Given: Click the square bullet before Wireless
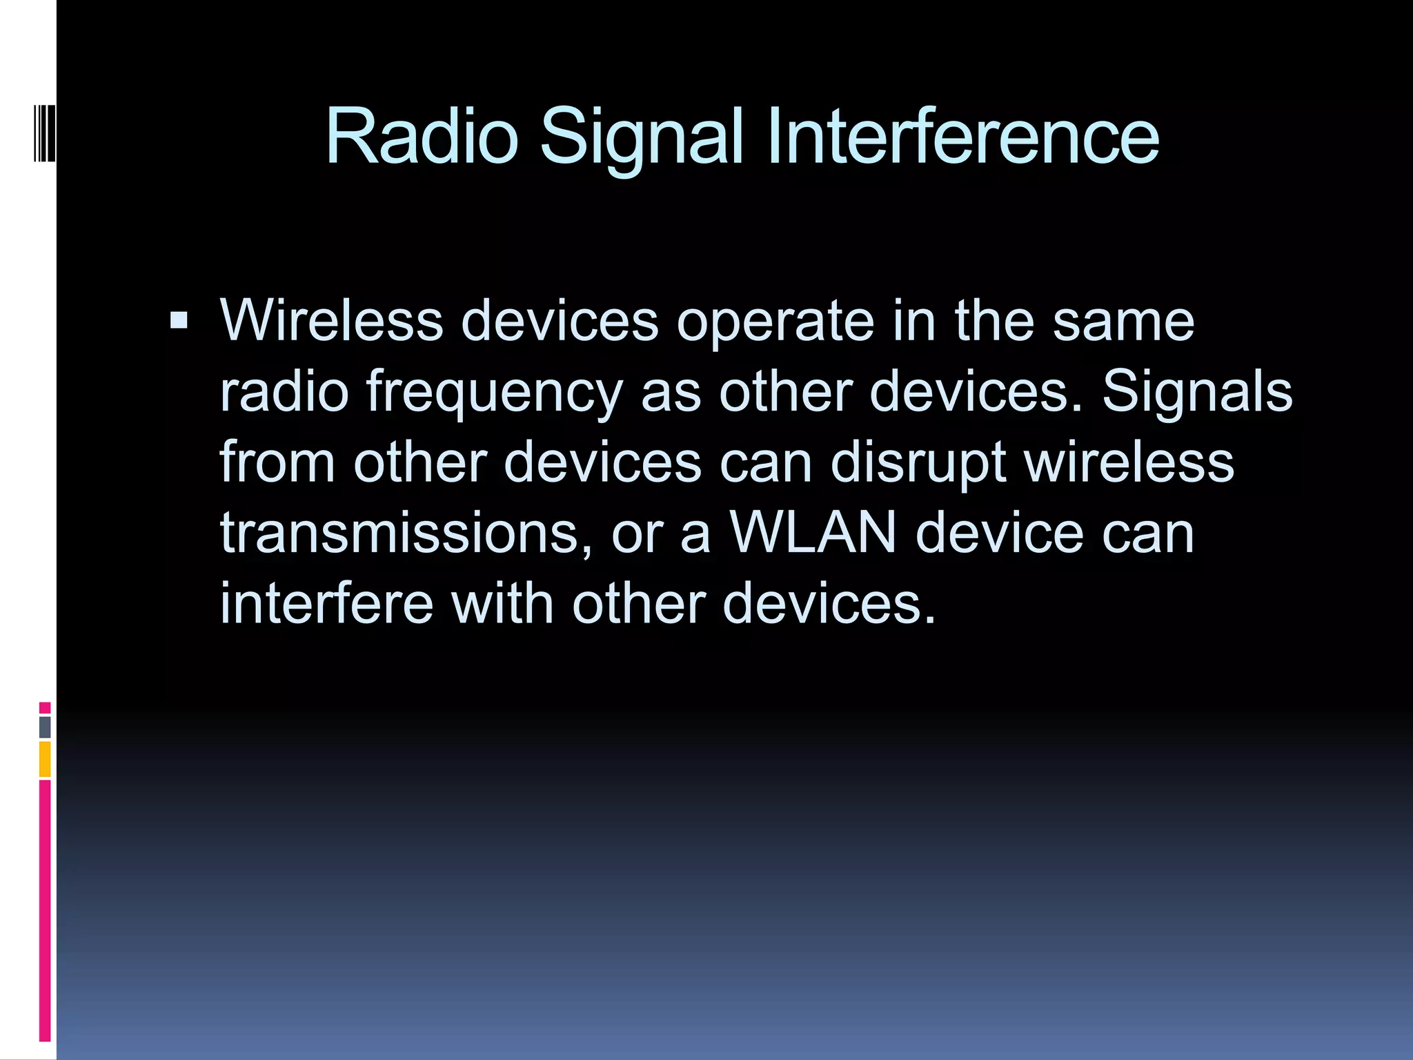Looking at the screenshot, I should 179,320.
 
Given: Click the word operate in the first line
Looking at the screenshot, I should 775,322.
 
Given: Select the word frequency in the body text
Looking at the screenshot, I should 494,392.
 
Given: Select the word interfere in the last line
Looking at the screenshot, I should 326,603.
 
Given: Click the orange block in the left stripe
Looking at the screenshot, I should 45,759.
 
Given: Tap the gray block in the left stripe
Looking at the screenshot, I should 45,727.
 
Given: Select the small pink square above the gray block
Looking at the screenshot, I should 45,708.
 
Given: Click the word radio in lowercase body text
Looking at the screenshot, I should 284,392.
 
